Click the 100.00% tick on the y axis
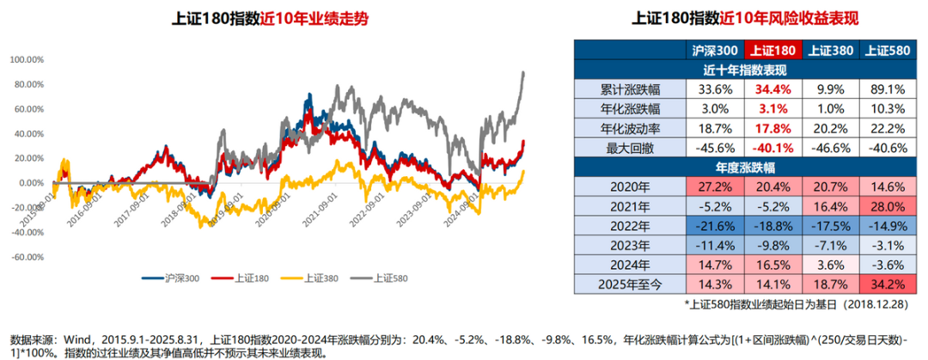pyautogui.click(x=27, y=60)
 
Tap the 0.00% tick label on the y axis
pyautogui.click(x=30, y=183)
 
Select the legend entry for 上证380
pyautogui.click(x=314, y=278)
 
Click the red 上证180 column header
pyautogui.click(x=773, y=51)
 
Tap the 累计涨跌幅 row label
pyautogui.click(x=629, y=88)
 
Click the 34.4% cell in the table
pyautogui.click(x=773, y=88)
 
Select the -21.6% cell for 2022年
pyautogui.click(x=716, y=225)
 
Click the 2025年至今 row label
pyautogui.click(x=629, y=282)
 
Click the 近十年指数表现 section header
pyautogui.click(x=745, y=70)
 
